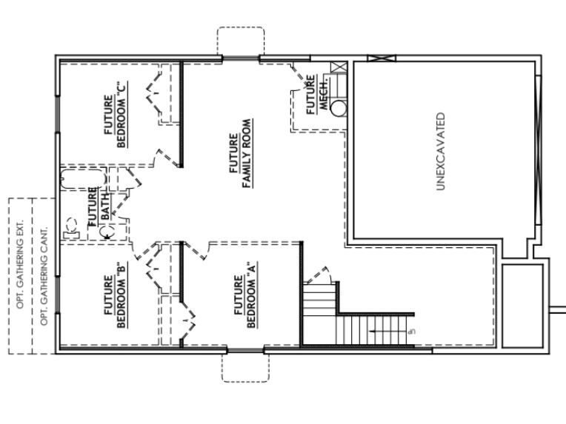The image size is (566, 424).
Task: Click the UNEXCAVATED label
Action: click(x=440, y=152)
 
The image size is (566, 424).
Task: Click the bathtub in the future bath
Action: click(x=82, y=178)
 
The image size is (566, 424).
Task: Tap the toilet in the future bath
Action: click(x=71, y=226)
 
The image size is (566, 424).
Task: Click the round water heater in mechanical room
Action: click(x=339, y=108)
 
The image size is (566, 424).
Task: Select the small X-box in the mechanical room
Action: click(x=339, y=68)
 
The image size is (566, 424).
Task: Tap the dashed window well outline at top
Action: click(x=240, y=41)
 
